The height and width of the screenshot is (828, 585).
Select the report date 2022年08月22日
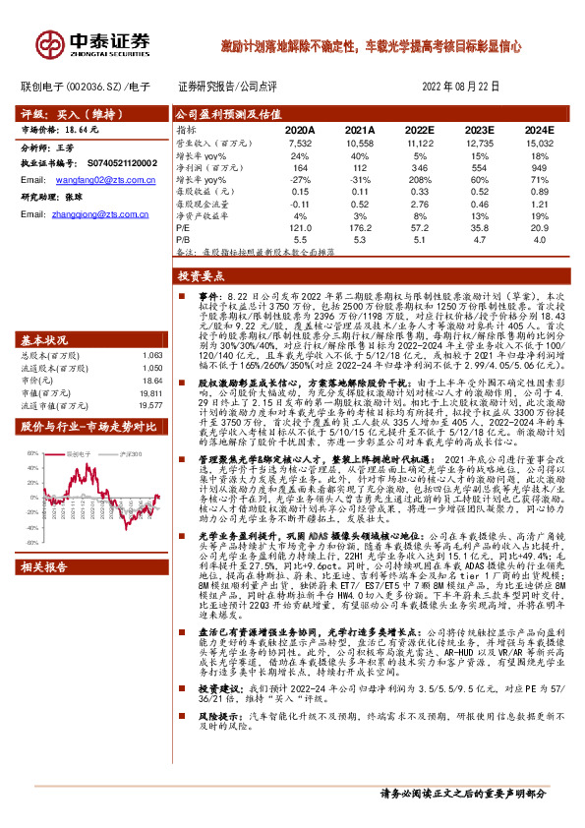click(462, 86)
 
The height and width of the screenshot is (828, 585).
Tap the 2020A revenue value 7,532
click(300, 143)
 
